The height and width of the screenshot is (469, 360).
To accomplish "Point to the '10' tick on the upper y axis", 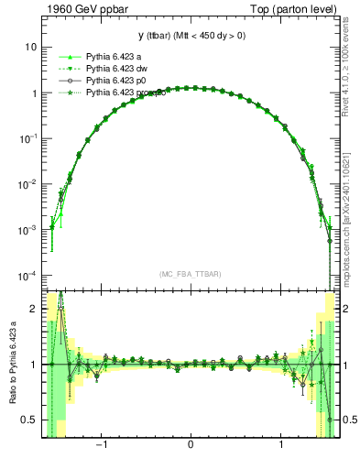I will coord(31,47).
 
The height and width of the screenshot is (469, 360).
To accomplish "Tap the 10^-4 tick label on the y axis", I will coord(28,275).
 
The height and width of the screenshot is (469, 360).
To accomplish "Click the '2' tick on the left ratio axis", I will coord(34,310).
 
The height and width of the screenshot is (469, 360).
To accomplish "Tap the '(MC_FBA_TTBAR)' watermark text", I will coord(190,274).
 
